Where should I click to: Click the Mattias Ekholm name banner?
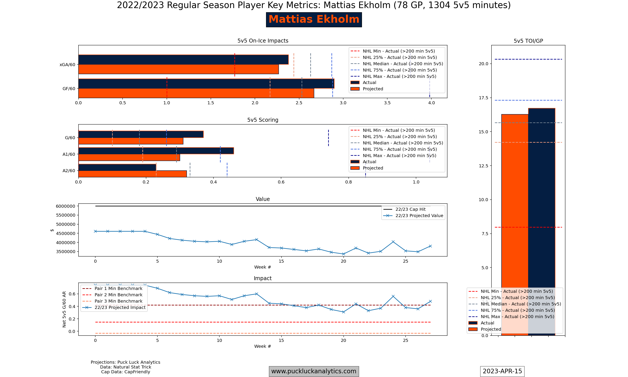(x=314, y=20)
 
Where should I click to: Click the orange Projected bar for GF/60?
(x=196, y=93)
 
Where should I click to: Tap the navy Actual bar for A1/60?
(x=156, y=151)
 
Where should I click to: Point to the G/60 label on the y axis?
(x=70, y=138)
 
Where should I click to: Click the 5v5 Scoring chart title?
(x=263, y=120)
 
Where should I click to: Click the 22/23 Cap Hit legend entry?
(x=410, y=209)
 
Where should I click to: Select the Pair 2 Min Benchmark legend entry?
(x=118, y=295)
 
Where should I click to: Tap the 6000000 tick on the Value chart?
(x=65, y=206)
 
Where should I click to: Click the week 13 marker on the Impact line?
(x=256, y=294)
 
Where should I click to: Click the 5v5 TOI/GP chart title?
(x=528, y=41)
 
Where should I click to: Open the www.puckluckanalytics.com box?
(x=314, y=371)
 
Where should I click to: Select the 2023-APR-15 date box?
(x=502, y=371)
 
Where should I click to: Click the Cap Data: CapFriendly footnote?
(x=125, y=372)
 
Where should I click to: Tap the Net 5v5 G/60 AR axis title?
(x=64, y=309)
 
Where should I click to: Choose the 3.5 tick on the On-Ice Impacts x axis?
(x=387, y=103)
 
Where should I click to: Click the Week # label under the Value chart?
(x=263, y=267)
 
